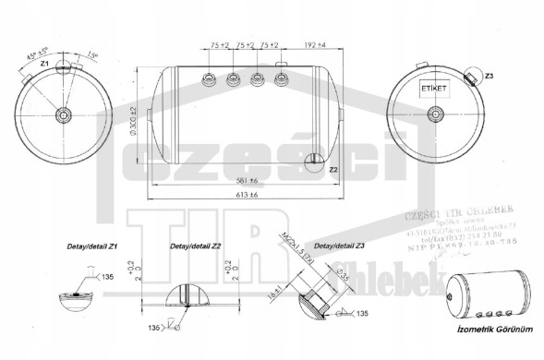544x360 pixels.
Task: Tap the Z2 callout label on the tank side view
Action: pos(333,170)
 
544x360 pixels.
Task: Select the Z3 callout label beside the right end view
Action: pos(489,76)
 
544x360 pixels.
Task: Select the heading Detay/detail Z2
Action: pos(195,247)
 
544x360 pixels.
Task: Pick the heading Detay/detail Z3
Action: pos(340,247)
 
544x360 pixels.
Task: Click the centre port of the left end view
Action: pos(64,114)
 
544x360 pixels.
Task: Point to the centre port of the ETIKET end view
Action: pos(432,115)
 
